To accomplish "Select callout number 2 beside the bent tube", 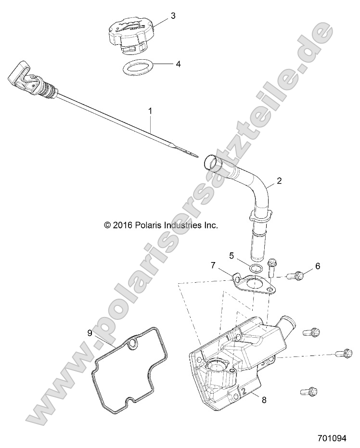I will click(x=279, y=181).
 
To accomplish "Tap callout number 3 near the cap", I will click(x=173, y=15).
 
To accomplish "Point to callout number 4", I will click(x=178, y=64).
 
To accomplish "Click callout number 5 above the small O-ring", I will click(x=231, y=255).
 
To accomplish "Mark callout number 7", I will click(x=213, y=266).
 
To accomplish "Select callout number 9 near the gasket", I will click(x=90, y=333).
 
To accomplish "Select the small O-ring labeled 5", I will click(x=256, y=267).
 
